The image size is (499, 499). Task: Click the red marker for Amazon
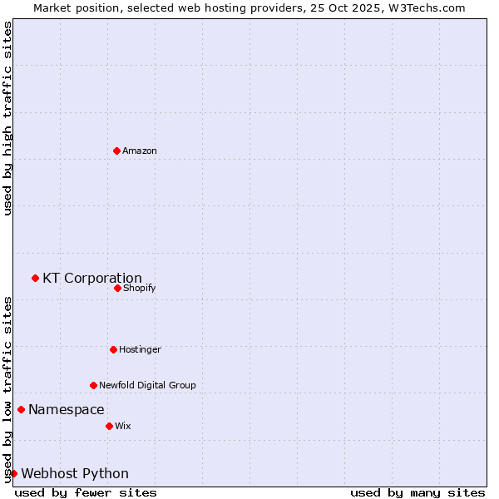tap(116, 151)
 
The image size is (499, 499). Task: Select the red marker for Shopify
tap(117, 288)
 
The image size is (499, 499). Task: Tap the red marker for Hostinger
tap(113, 349)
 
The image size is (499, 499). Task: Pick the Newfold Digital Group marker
tap(93, 385)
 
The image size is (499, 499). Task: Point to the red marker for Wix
tap(109, 426)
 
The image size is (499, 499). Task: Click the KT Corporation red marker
tap(35, 278)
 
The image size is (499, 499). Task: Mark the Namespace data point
tap(21, 409)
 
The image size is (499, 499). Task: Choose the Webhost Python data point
tap(13, 473)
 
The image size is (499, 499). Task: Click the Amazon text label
tap(140, 151)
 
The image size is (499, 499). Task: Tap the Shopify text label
tap(139, 288)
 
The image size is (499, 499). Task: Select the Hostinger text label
tap(140, 349)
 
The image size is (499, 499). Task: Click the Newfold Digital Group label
tap(147, 385)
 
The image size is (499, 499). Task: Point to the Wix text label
tap(122, 426)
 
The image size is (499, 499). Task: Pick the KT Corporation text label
tap(92, 279)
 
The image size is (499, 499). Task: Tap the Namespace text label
tap(67, 410)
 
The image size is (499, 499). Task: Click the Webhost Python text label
tap(75, 474)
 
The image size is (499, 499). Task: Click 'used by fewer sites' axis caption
tap(86, 492)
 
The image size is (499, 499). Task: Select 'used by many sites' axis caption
tap(417, 492)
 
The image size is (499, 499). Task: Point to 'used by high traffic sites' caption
tap(7, 119)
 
